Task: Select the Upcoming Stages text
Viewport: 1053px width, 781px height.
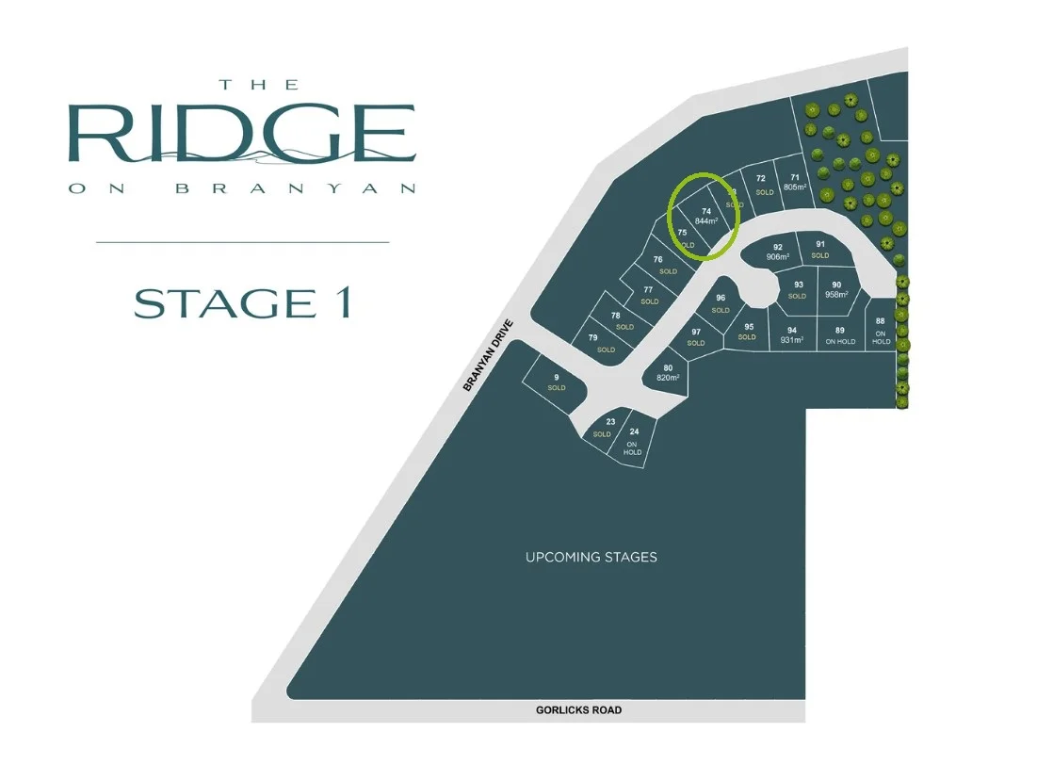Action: coord(591,557)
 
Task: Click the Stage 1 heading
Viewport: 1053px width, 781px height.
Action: coord(243,303)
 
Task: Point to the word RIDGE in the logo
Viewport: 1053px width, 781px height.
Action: coord(242,135)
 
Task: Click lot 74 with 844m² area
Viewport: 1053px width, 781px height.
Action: coord(705,216)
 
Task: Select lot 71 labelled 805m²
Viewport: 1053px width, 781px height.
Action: coord(795,182)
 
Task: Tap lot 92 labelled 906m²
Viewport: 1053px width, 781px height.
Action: coord(777,252)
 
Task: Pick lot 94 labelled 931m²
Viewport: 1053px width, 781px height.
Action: coord(792,335)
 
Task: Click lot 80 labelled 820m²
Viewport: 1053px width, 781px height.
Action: coord(668,372)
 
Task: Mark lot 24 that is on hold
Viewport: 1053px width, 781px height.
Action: coord(633,442)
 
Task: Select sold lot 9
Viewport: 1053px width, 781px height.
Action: coord(557,382)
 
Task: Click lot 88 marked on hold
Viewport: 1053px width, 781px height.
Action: coord(881,331)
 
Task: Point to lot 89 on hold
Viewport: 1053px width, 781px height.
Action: coord(840,335)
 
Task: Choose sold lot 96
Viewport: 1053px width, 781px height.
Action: coord(721,304)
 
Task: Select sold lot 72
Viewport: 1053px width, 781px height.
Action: coord(762,185)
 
